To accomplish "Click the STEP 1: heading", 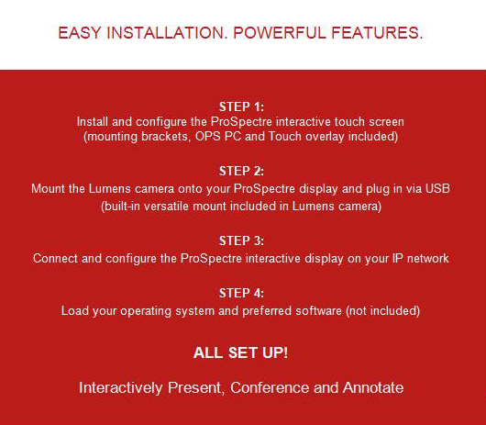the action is tap(241, 106).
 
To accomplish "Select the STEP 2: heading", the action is tap(241, 171).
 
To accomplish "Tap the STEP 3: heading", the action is tap(241, 240).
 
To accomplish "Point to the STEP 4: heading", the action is tap(241, 293).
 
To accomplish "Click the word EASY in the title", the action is tap(80, 32).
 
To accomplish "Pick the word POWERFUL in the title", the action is tap(280, 32).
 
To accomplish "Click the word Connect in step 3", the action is tap(55, 259).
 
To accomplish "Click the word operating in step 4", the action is tap(146, 311).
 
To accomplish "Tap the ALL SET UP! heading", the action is tap(240, 352).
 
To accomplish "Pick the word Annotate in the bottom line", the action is tap(373, 387).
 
